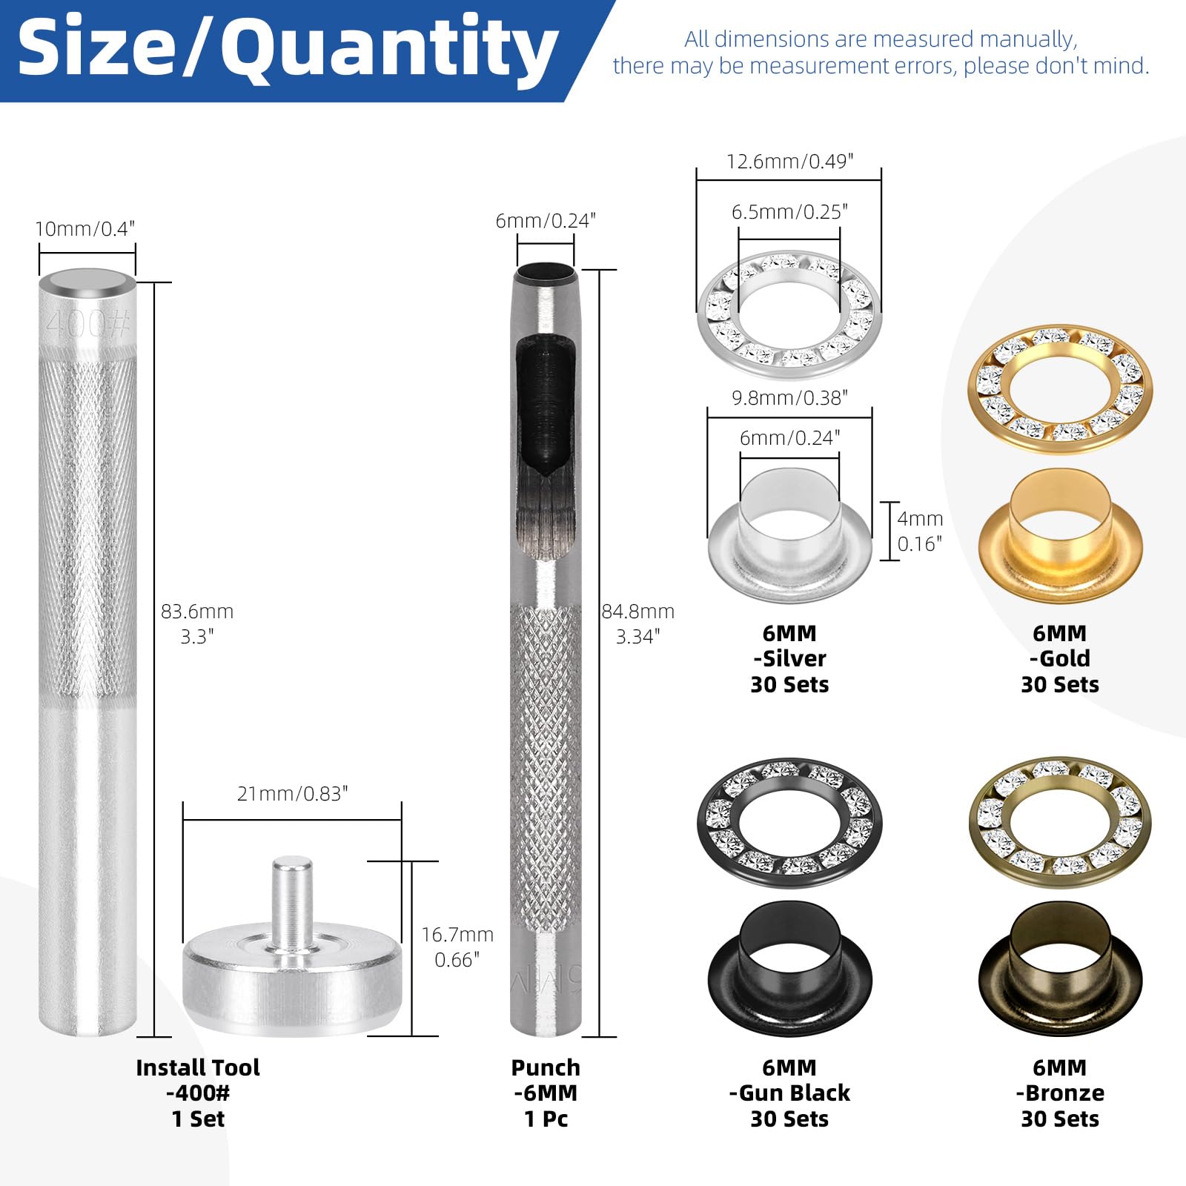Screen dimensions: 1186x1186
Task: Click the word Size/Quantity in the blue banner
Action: (288, 49)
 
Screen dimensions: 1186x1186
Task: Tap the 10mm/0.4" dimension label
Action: (85, 229)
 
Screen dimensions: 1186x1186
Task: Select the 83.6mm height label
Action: (197, 612)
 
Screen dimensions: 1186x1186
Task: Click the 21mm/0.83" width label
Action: (292, 794)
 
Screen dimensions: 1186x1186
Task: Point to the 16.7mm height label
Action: (457, 935)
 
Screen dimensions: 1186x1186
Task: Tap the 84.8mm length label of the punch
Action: (638, 612)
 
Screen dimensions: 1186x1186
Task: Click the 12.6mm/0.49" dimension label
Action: (789, 162)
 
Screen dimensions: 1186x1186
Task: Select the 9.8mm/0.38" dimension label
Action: (789, 398)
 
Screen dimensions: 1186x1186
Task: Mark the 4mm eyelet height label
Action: (920, 519)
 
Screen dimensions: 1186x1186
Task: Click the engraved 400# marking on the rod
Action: (87, 324)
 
